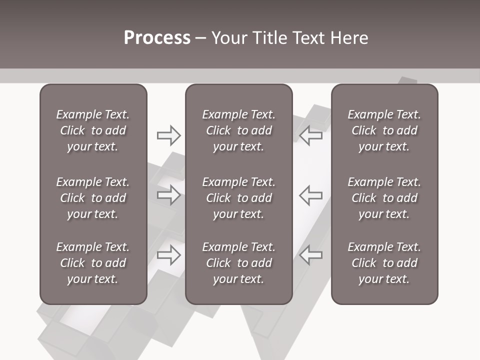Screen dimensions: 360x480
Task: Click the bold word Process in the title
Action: click(157, 38)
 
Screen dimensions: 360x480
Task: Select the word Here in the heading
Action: click(349, 38)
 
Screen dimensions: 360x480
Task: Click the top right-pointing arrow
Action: click(168, 135)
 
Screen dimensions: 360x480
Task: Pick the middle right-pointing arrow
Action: click(168, 195)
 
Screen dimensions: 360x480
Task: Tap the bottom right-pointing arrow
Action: click(168, 254)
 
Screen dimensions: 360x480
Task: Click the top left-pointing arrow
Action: click(311, 135)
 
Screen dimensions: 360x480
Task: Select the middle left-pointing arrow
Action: click(311, 195)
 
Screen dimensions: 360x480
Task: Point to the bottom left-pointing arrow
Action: click(311, 254)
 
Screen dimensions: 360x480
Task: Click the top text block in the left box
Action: click(93, 130)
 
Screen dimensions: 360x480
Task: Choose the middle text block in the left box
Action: click(93, 198)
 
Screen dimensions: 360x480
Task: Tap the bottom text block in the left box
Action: click(93, 263)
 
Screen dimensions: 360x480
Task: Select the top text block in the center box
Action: click(238, 130)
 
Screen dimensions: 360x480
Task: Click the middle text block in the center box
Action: click(238, 198)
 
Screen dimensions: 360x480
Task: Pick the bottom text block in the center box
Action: click(238, 263)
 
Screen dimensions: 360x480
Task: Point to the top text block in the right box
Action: click(384, 130)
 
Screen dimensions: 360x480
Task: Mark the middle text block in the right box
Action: click(384, 198)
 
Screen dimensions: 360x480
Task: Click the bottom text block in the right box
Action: click(384, 263)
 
